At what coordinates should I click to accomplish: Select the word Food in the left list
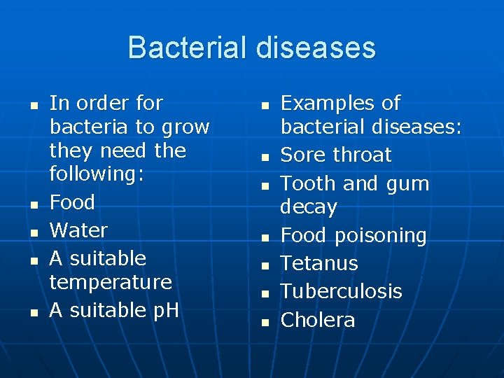[72, 202]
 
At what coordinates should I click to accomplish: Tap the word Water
[78, 230]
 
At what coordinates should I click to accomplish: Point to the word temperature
[111, 282]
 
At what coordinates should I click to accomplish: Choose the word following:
[97, 174]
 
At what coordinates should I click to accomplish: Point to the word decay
[309, 207]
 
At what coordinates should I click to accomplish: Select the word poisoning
[381, 236]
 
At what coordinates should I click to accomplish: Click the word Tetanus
[319, 263]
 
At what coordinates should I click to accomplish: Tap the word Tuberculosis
[342, 291]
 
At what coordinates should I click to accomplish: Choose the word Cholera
[318, 320]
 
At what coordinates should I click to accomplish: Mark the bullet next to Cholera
[265, 322]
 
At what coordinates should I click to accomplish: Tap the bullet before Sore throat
[265, 157]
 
